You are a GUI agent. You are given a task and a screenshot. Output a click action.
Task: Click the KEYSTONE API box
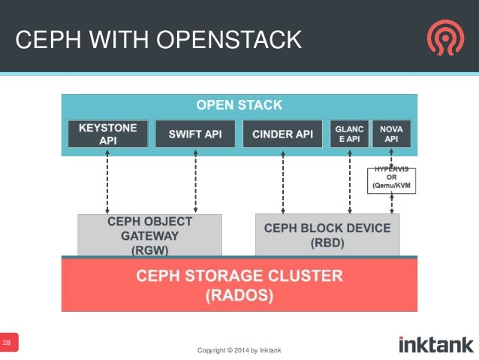(108, 134)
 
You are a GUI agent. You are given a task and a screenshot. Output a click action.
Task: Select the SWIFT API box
(195, 134)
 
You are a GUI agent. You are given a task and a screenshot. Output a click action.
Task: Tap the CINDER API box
(282, 134)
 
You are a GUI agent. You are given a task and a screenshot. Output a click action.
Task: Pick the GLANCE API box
(349, 134)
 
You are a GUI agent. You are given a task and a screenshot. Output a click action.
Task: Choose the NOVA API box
(391, 134)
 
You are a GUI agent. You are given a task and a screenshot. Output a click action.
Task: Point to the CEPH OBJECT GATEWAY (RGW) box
(150, 234)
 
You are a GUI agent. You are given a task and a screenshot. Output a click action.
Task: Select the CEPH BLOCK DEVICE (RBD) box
(327, 234)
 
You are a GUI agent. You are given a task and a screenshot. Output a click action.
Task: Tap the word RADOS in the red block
(239, 296)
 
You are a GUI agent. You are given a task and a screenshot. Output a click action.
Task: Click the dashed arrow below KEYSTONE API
(108, 181)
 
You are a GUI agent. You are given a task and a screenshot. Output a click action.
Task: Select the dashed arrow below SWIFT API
(195, 181)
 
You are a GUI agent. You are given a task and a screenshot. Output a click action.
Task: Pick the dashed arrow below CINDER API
(282, 181)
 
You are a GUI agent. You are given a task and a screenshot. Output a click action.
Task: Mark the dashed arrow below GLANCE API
(349, 181)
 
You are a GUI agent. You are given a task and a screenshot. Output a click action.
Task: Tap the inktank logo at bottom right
(435, 344)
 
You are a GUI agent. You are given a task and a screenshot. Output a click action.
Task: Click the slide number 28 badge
(8, 343)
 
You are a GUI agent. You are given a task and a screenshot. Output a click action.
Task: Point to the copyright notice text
(239, 350)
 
